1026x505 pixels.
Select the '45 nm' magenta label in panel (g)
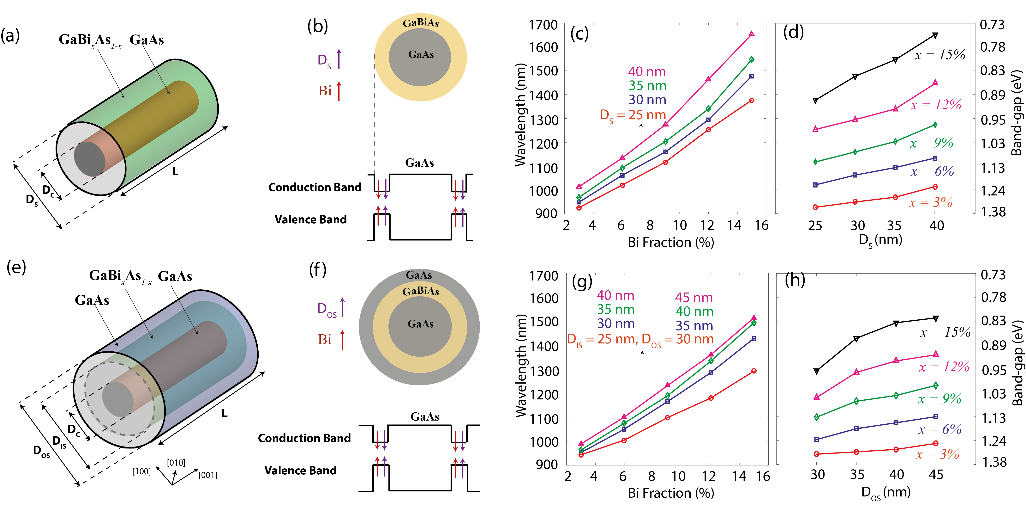[693, 297]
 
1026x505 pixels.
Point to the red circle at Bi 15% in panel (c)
[752, 101]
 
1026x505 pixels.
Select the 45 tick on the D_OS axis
[936, 474]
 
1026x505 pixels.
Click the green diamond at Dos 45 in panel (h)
[936, 385]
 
